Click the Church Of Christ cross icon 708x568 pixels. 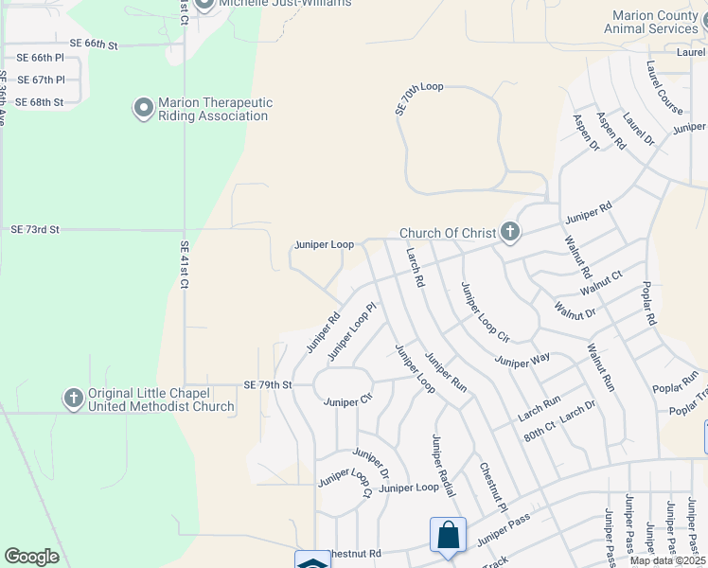coord(510,232)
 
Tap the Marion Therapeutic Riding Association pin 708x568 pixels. coord(144,109)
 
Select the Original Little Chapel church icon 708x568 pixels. coord(74,399)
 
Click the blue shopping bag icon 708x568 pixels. coord(447,535)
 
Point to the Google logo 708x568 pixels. coord(31,557)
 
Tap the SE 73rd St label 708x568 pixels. coord(35,229)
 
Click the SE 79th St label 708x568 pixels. coord(268,384)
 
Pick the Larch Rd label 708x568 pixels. coord(414,268)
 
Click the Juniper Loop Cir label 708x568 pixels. coord(485,311)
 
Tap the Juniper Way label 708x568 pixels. coord(522,361)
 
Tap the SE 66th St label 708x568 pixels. coord(93,44)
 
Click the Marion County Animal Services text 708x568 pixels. coord(654,23)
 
